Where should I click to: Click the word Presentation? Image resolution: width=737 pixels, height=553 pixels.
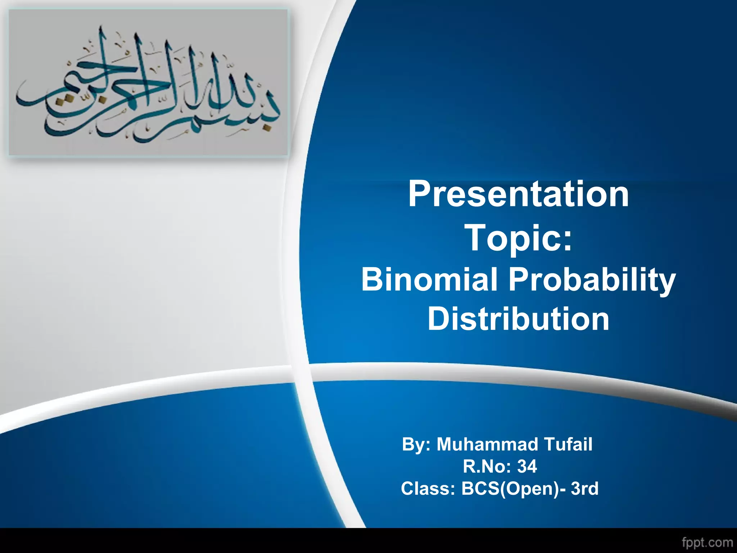[x=518, y=195]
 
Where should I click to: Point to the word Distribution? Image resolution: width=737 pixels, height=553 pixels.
[x=518, y=319]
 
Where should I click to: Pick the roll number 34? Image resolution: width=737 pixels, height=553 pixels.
[x=527, y=467]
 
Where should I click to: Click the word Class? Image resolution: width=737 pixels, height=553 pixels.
[x=428, y=489]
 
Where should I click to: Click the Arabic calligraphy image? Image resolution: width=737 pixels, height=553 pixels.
[x=148, y=82]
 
